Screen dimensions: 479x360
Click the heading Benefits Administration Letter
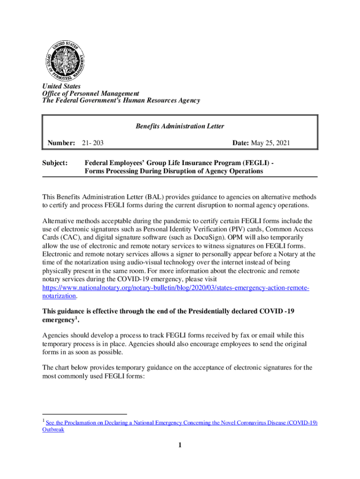[x=180, y=126]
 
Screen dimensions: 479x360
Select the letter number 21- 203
[x=93, y=143]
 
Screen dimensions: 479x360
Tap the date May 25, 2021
[x=271, y=143]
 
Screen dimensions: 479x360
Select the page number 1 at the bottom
[x=179, y=445]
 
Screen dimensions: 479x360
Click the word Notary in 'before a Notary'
[x=284, y=254]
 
